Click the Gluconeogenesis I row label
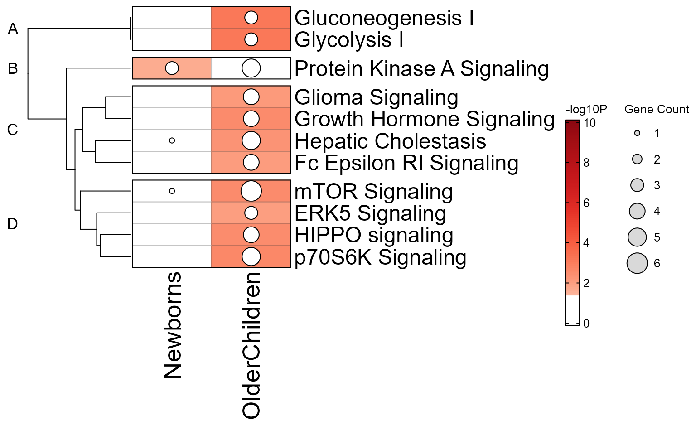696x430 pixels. click(x=384, y=19)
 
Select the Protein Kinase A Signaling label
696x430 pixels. click(x=421, y=69)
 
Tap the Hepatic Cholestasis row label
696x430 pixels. click(x=390, y=141)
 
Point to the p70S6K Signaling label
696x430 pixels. click(x=380, y=257)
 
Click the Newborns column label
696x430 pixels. click(x=173, y=325)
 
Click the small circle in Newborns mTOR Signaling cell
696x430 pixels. click(x=172, y=191)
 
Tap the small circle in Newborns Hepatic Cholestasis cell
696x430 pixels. click(x=172, y=140)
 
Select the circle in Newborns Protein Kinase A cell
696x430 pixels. click(x=172, y=68)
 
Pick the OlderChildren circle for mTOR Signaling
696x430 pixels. click(x=251, y=191)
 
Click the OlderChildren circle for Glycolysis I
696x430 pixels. click(x=251, y=39)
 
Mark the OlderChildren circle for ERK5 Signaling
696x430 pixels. click(x=251, y=213)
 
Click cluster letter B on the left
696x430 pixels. click(x=13, y=68)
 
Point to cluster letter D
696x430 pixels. click(x=13, y=224)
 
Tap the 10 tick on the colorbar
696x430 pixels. click(x=590, y=123)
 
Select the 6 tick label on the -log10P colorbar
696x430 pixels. click(x=586, y=203)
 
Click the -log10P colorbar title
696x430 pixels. click(x=586, y=110)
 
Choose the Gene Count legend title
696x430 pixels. click(x=657, y=110)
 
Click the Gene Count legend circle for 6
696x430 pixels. click(x=637, y=263)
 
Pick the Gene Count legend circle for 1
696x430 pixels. click(x=637, y=133)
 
